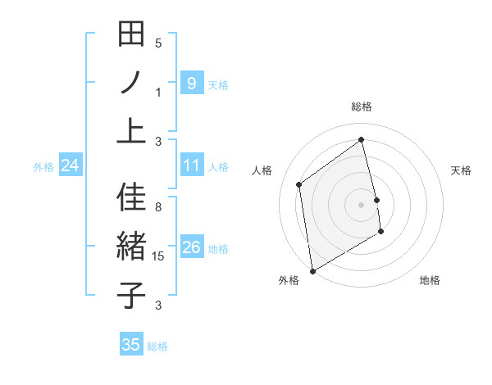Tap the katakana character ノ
(x=131, y=83)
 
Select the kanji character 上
(x=131, y=131)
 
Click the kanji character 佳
(x=131, y=197)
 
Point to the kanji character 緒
(x=131, y=247)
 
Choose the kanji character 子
(x=131, y=295)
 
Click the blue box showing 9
(x=191, y=84)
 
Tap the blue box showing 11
(x=191, y=166)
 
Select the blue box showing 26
(x=191, y=248)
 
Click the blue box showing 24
(x=71, y=166)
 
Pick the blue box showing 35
(x=131, y=345)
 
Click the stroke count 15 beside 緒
(x=159, y=256)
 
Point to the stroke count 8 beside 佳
(x=159, y=207)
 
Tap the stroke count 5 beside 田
(x=159, y=43)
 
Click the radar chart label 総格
(x=362, y=106)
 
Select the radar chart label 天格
(x=462, y=170)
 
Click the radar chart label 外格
(x=289, y=280)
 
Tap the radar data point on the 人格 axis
(x=299, y=184)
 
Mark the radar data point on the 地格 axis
(x=381, y=233)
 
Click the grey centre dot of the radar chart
(x=362, y=204)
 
